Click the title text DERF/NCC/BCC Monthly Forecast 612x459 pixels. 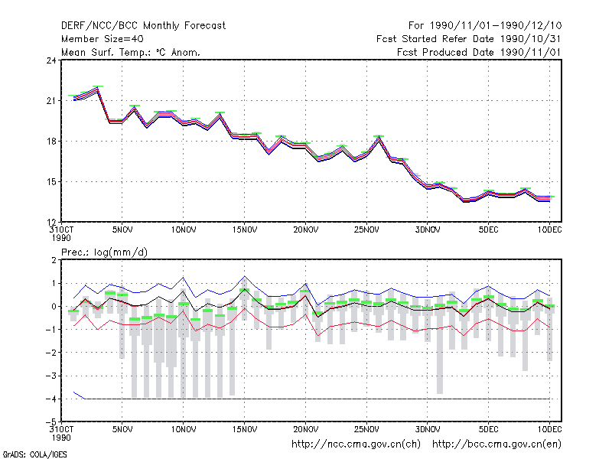pos(143,26)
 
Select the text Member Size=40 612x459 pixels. pos(103,39)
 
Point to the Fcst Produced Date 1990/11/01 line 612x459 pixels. pos(479,52)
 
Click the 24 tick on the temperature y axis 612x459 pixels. pos(51,60)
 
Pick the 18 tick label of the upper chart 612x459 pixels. pos(51,142)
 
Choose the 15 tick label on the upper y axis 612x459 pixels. pos(51,182)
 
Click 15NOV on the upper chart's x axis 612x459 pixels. pos(245,230)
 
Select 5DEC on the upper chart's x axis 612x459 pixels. pos(488,230)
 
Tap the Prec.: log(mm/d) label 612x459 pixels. pos(104,252)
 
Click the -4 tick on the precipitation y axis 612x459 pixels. pos(51,399)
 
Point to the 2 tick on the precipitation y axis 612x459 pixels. pos(54,260)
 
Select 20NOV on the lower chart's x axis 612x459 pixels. pos(305,430)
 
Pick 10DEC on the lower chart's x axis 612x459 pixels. pos(549,430)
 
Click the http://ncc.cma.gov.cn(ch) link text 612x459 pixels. pos(356,444)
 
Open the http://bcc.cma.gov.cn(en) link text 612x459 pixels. pos(496,444)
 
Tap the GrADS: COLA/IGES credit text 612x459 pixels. pos(34,454)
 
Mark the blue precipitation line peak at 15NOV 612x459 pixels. pos(245,276)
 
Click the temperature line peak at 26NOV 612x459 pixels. pos(379,138)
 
